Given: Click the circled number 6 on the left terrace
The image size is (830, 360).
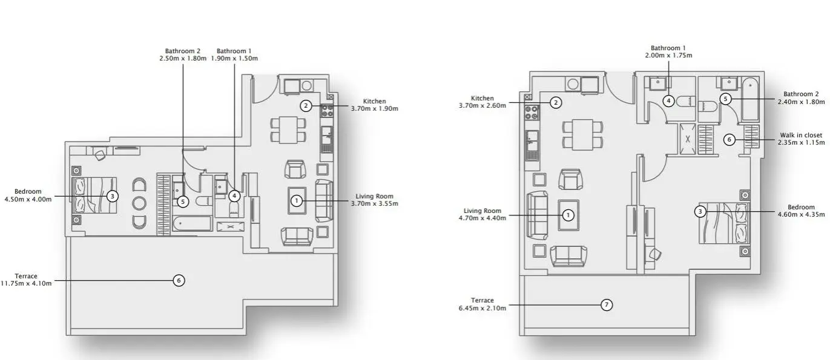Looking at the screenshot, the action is click(x=179, y=280).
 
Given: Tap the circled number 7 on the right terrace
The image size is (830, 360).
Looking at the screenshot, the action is click(x=606, y=305).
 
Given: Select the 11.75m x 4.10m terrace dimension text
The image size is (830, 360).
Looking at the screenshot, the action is click(x=26, y=283).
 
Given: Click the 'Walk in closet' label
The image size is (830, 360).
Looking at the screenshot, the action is click(x=801, y=135).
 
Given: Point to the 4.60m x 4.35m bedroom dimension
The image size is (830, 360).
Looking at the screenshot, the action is click(x=801, y=214).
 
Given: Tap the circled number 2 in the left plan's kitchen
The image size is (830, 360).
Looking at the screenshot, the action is click(x=306, y=106).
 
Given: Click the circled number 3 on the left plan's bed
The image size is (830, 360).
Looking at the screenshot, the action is click(x=112, y=196).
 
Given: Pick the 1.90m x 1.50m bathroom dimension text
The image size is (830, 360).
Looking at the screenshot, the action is click(x=234, y=58).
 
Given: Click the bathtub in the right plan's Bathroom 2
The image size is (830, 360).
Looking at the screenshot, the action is click(x=750, y=99).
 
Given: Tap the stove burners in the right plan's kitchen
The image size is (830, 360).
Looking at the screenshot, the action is click(x=532, y=112).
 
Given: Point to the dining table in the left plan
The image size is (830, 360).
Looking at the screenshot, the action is click(x=288, y=130).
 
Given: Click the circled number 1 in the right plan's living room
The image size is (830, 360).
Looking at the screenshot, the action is click(x=568, y=215).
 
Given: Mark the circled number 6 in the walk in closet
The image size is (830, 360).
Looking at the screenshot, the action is click(x=730, y=140).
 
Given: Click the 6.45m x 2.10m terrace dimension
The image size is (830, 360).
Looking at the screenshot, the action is click(x=482, y=308).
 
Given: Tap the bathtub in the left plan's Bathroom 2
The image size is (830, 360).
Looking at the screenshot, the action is click(x=192, y=223).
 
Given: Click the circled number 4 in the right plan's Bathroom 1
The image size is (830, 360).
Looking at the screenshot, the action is click(x=668, y=101).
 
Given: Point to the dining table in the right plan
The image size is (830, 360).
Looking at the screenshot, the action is click(x=582, y=134).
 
